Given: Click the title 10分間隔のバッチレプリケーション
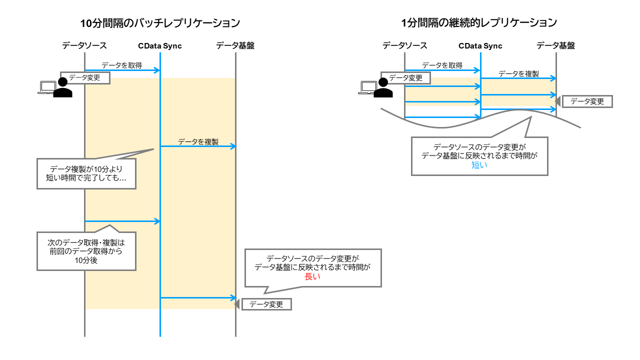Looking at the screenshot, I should coord(160,23).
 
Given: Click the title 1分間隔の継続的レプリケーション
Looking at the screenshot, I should coord(479,22).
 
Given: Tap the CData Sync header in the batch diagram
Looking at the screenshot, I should coord(160,46).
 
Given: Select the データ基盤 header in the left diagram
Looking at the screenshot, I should coord(235,45).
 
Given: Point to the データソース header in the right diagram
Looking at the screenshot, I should coord(405,45).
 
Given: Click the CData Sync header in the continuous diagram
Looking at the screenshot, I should coord(480,46).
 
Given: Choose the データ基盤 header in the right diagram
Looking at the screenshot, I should coord(555,45).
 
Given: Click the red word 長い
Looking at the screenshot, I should coord(312,276).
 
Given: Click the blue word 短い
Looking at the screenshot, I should coord(479,165).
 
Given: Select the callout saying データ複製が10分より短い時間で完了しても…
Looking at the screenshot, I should coord(86,173).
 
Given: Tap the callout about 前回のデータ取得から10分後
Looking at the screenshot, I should coord(86,250).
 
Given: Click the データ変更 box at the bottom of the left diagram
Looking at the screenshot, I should coord(266,304).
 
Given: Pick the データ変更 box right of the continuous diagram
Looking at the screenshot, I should coord(587,101).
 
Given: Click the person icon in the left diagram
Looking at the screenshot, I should coord(62,88).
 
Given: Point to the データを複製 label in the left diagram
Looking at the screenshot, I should coord(198,141).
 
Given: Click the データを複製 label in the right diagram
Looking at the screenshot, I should coord(518,73).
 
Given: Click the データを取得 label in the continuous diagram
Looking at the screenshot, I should coord(442,65).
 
